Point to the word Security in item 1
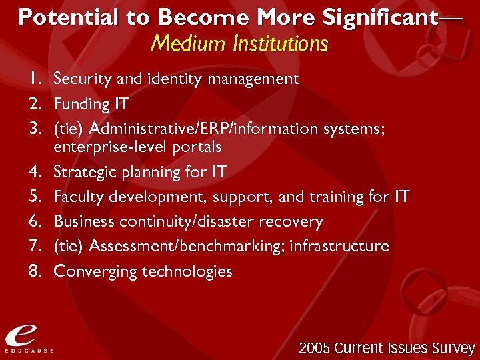(75, 79)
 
